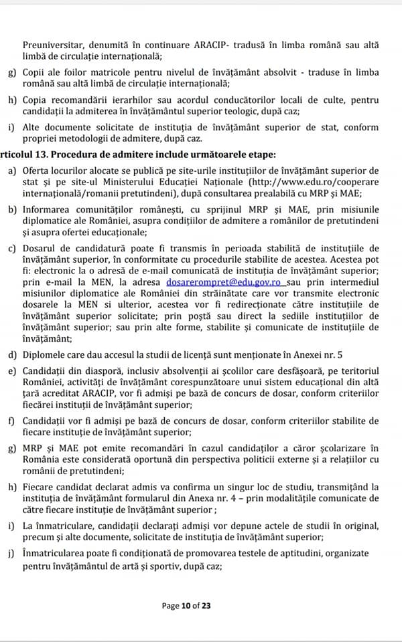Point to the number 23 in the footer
click(206, 606)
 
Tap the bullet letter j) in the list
click(13, 554)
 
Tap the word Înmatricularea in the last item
click(56, 554)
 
